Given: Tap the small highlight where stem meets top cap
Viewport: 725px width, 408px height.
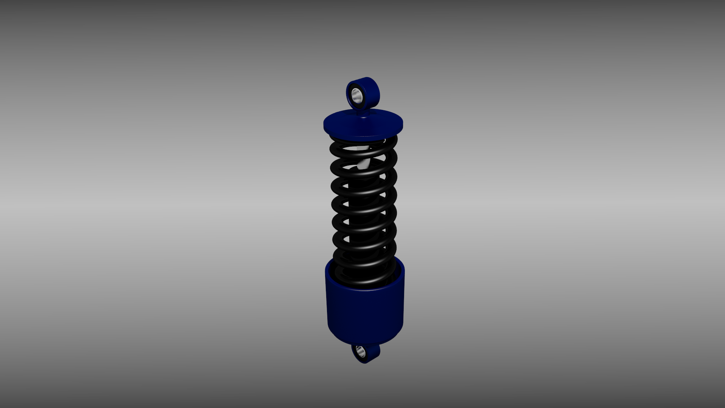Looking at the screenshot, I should (363, 117).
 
